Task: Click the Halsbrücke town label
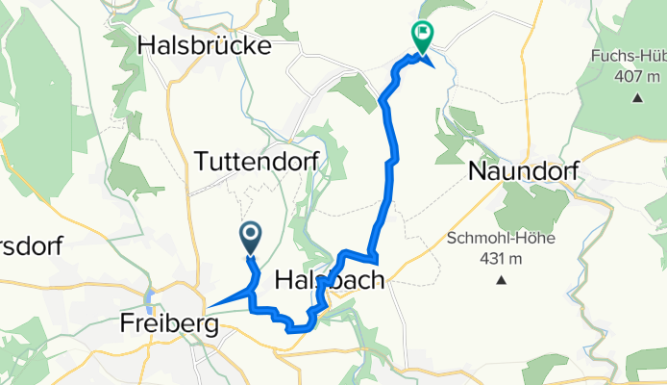(x=205, y=44)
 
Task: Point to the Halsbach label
(x=331, y=280)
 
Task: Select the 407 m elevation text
(x=638, y=77)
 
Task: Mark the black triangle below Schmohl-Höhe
(x=501, y=281)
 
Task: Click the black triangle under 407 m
(x=638, y=97)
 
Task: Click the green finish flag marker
(x=421, y=35)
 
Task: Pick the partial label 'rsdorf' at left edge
(x=31, y=245)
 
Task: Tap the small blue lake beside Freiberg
(x=151, y=298)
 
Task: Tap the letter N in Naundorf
(x=478, y=172)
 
